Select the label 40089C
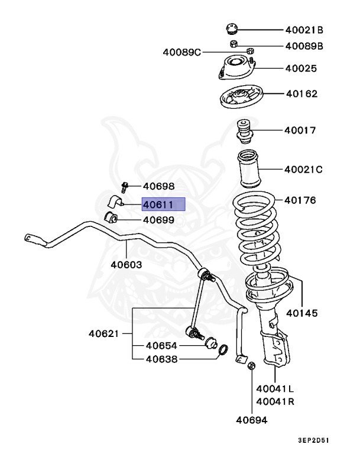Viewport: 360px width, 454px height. point(182,53)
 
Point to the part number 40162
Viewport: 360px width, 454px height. point(301,93)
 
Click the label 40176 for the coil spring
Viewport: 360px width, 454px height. point(300,200)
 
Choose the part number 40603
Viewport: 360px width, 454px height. point(126,264)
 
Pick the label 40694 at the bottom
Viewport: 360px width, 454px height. point(252,420)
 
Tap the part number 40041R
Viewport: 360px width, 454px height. point(275,401)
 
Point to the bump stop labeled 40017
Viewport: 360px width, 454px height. point(244,131)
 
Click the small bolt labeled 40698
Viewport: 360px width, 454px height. point(125,187)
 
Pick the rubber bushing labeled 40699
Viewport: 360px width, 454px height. point(112,218)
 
